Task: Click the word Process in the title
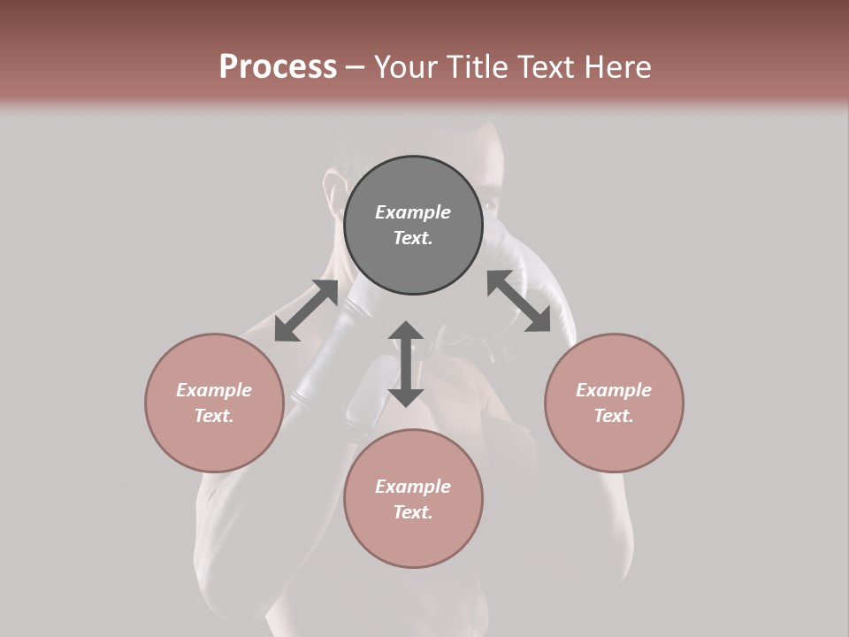278,66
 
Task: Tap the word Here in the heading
616,66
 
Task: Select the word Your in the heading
404,66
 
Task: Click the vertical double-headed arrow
406,364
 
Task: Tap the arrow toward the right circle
518,302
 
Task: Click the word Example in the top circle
413,212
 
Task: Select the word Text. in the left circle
214,416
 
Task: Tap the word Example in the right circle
614,390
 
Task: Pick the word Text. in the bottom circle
413,512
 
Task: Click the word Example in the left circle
214,390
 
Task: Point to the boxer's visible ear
333,190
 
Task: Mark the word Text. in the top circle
413,238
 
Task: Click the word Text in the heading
542,66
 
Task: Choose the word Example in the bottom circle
413,487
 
